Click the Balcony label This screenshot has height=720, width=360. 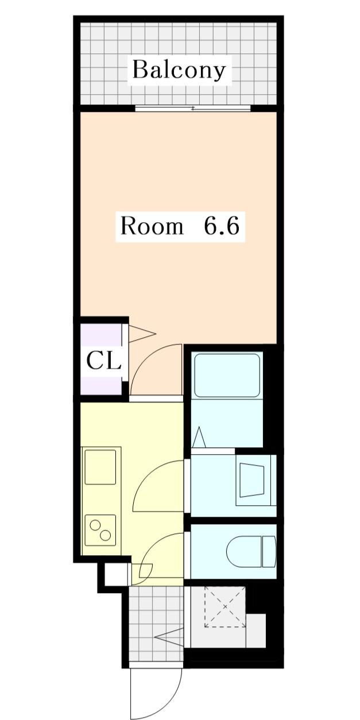[179, 70]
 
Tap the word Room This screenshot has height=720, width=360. [151, 226]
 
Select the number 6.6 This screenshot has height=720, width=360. [221, 226]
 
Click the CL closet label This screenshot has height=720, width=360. [103, 361]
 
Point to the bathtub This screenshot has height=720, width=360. [227, 376]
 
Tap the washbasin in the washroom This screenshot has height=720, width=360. [252, 481]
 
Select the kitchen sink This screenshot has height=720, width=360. [100, 467]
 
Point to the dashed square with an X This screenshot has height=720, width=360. [224, 607]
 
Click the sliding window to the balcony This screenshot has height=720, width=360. [193, 108]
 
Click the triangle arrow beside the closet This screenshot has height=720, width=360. [141, 334]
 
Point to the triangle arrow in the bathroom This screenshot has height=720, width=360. [199, 438]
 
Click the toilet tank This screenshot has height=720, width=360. [269, 552]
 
